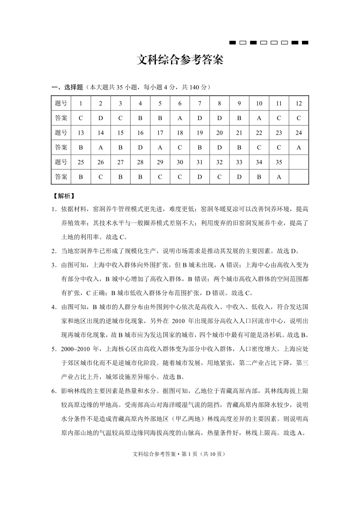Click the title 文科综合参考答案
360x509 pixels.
(180, 60)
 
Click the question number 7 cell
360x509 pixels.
(199, 103)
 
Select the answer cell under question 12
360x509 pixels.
(298, 118)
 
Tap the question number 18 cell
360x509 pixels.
(180, 133)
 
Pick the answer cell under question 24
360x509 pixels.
(298, 147)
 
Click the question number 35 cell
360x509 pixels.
(279, 162)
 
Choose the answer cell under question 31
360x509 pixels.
(199, 177)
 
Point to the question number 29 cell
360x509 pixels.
(160, 162)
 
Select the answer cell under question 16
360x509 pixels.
(140, 147)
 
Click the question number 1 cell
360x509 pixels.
(81, 103)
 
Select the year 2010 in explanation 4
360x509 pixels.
(180, 321)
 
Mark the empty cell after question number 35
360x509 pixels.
(298, 162)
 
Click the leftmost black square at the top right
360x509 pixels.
(233, 43)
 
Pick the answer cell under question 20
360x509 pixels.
(219, 147)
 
